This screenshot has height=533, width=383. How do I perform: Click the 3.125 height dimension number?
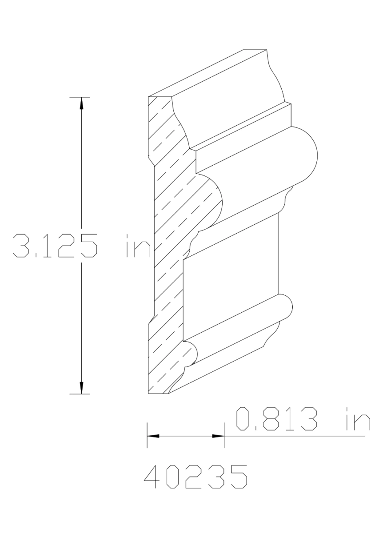(x=54, y=246)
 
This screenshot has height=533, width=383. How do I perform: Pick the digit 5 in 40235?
(x=238, y=477)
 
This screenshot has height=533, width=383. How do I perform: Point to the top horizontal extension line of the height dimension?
(x=80, y=96)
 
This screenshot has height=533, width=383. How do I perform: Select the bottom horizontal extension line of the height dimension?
(x=80, y=394)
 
